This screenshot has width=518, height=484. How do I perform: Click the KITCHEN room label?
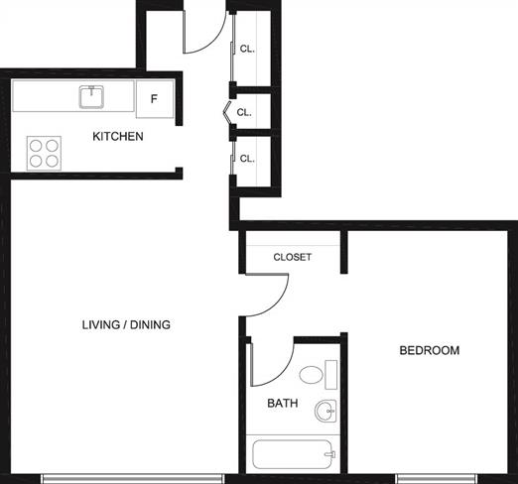118,136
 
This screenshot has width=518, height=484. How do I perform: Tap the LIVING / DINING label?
126,324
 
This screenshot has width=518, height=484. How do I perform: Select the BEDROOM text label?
430,350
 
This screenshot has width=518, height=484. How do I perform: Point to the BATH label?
283,403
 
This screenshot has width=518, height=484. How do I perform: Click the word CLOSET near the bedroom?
293,257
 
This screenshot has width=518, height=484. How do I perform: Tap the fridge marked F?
155,99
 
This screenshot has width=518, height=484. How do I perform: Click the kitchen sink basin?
91,97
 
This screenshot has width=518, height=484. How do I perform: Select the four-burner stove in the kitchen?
44,153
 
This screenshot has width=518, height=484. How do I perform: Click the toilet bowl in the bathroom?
311,375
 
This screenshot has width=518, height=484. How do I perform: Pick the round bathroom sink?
325,411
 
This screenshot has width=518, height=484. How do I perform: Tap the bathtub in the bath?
293,454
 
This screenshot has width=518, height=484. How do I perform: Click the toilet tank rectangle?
331,375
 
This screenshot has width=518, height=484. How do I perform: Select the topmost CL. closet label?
247,49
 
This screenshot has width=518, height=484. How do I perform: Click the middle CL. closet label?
244,112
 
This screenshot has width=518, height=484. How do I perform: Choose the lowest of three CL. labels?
247,159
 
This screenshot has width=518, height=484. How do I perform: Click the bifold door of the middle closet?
228,112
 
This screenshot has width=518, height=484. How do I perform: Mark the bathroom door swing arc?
282,373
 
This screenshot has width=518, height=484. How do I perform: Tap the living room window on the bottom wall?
132,478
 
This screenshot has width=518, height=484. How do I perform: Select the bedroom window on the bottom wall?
437,478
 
